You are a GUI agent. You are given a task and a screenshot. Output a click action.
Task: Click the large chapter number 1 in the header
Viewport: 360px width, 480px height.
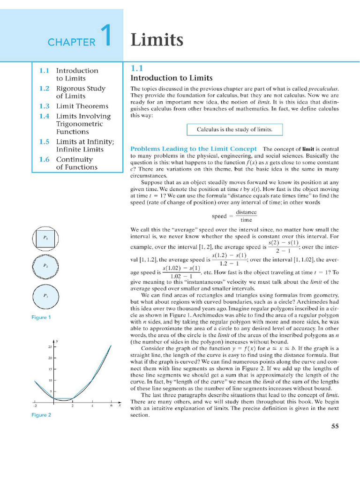106,37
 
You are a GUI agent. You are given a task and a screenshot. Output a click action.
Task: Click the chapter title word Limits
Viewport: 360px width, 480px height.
157,40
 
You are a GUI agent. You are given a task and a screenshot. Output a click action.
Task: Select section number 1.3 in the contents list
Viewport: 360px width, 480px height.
44,106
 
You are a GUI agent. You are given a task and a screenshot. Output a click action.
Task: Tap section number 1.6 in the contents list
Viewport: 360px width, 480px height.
44,159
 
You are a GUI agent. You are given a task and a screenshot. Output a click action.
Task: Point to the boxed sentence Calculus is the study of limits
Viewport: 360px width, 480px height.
234,129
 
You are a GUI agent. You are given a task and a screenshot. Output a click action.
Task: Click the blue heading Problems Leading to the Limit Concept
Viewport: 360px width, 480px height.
193,149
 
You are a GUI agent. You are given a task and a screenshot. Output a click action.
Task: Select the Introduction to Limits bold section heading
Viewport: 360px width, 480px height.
171,78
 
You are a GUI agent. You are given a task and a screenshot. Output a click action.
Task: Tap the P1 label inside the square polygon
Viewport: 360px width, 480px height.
45,238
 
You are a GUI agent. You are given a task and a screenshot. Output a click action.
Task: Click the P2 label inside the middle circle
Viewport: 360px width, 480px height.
45,265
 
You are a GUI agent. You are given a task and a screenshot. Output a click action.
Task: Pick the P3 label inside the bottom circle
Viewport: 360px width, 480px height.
45,296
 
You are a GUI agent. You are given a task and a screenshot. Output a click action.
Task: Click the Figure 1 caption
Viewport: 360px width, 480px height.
41,317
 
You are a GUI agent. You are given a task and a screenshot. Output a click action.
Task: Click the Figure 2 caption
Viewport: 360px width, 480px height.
41,415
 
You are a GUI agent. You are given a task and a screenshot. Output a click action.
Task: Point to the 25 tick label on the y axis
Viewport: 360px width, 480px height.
49,347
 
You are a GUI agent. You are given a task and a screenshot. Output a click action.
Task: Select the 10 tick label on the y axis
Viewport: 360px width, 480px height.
49,380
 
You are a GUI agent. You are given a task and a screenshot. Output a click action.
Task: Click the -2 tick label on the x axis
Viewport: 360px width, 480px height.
35,406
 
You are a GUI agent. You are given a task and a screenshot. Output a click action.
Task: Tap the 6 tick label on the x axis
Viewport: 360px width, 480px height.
112,406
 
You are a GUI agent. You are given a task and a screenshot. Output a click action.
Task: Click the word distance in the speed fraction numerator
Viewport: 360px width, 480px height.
246,212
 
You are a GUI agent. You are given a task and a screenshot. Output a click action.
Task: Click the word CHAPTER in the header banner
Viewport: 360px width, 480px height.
71,43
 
